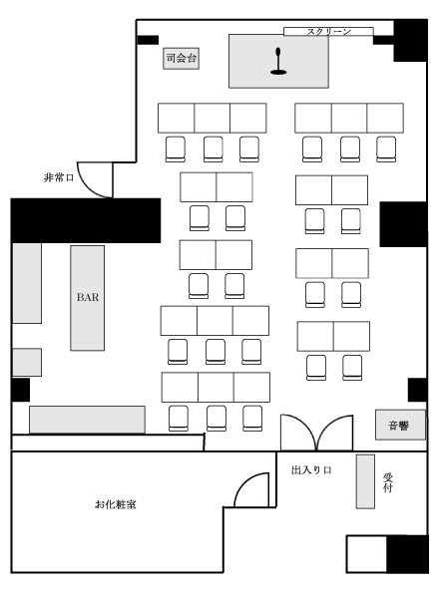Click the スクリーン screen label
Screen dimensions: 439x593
(328, 32)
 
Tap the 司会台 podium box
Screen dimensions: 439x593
(181, 59)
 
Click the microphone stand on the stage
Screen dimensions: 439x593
(278, 61)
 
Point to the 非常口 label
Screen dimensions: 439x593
(59, 177)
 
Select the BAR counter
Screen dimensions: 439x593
(88, 298)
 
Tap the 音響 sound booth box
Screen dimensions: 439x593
(400, 425)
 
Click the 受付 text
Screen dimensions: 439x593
(387, 482)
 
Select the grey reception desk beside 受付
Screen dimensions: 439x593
(365, 481)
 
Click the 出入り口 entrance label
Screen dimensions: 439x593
(311, 470)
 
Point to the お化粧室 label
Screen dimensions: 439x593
(116, 504)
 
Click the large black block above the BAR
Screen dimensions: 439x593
(86, 220)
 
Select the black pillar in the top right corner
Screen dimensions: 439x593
(411, 41)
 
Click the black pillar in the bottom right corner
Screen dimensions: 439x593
(407, 554)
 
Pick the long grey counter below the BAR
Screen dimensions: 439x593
(87, 420)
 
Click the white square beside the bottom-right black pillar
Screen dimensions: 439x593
(366, 554)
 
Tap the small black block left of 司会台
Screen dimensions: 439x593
(148, 40)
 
